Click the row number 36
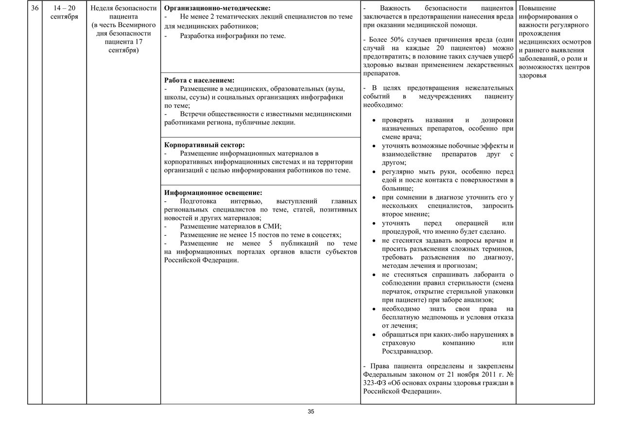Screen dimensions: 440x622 click(34, 8)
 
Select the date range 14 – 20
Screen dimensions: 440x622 click(64, 8)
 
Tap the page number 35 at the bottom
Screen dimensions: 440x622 click(311, 411)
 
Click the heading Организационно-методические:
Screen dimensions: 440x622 click(217, 8)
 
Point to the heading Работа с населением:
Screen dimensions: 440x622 click(199, 80)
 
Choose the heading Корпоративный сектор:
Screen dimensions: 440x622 click(205, 145)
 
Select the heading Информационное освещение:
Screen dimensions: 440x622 click(213, 193)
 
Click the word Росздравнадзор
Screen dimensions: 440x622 click(407, 351)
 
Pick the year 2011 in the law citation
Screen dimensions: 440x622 click(486, 374)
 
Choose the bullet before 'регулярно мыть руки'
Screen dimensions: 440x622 click(373, 172)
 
